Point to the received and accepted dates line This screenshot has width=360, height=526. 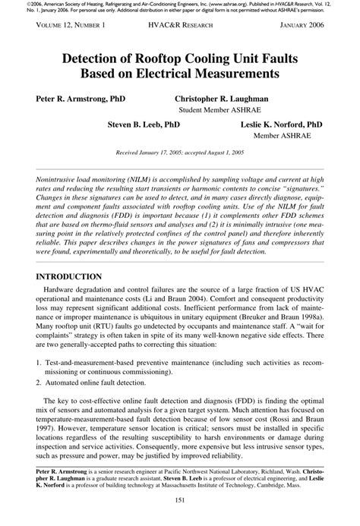pyautogui.click(x=181, y=152)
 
